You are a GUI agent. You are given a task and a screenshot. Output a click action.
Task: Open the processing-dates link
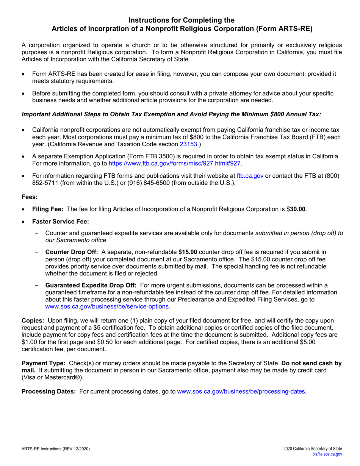242,391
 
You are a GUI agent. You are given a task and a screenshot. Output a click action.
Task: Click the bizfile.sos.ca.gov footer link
327,454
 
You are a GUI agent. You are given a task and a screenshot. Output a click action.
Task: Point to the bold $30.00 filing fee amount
297,209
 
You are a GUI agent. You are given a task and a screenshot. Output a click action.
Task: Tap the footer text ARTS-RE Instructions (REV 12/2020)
56,449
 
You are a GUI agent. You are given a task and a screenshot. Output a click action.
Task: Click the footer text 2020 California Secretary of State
312,449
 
